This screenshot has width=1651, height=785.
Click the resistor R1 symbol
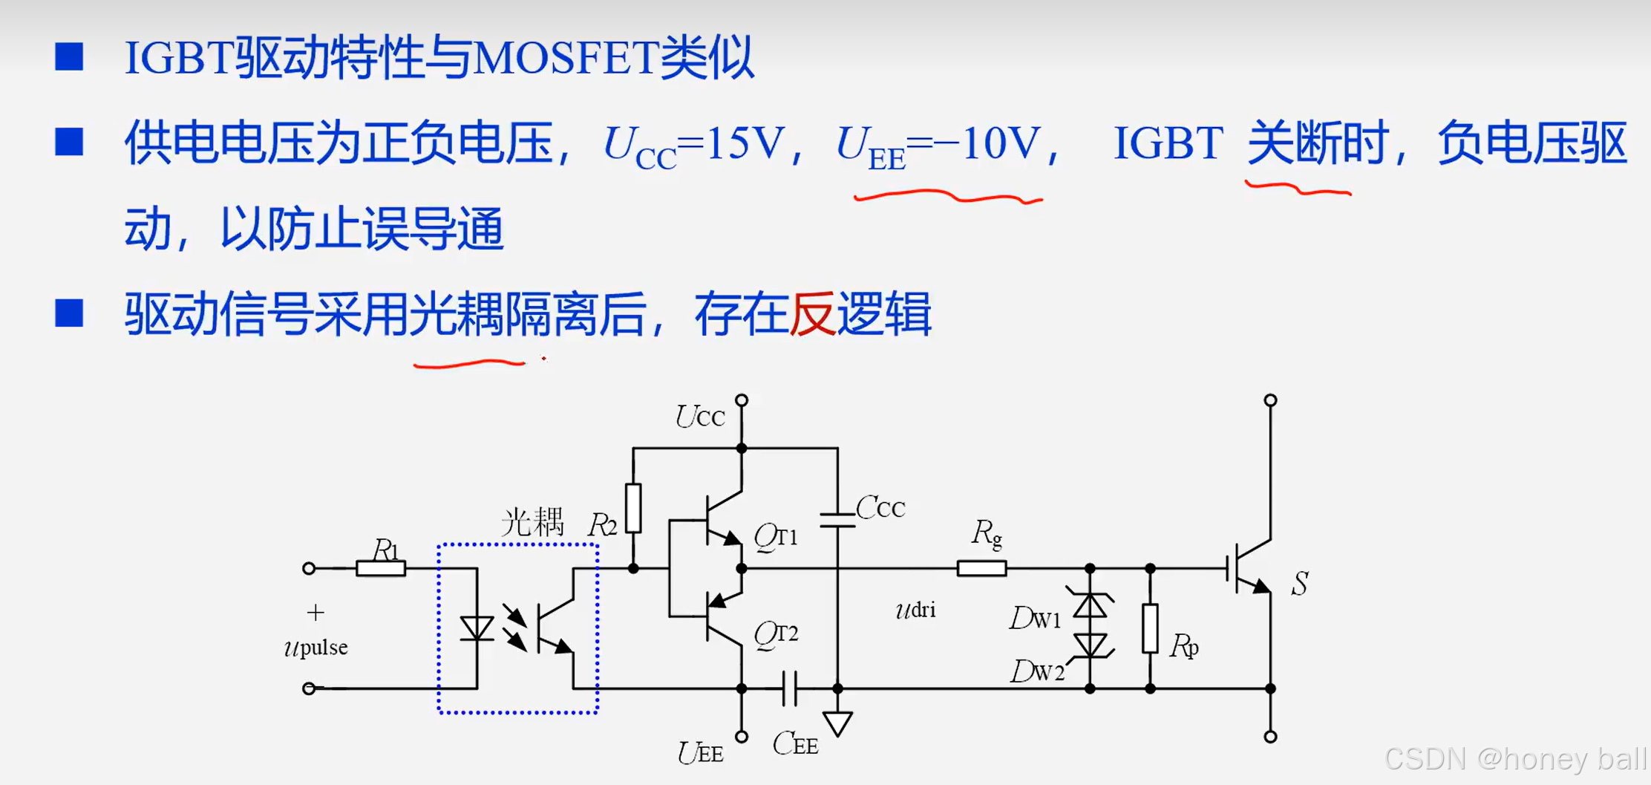pyautogui.click(x=381, y=569)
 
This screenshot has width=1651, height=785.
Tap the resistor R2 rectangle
pyautogui.click(x=633, y=508)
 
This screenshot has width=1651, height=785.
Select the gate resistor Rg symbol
pyautogui.click(x=981, y=569)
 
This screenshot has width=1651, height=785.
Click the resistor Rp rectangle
pyautogui.click(x=1150, y=628)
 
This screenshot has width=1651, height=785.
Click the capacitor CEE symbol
pyautogui.click(x=790, y=688)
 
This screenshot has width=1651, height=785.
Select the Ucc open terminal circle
pyautogui.click(x=742, y=400)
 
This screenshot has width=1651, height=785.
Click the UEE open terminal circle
pyautogui.click(x=742, y=737)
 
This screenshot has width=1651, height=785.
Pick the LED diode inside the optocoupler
pyautogui.click(x=477, y=628)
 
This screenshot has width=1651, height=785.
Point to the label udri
pyautogui.click(x=915, y=610)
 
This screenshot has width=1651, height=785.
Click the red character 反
pyautogui.click(x=811, y=314)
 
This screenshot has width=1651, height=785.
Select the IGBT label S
pyautogui.click(x=1299, y=584)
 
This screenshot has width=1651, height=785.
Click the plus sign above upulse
pyautogui.click(x=316, y=613)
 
